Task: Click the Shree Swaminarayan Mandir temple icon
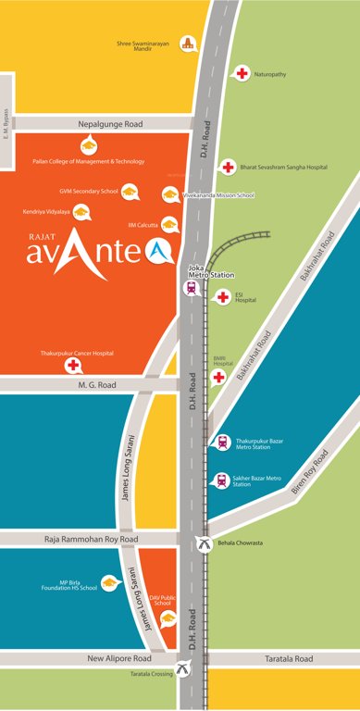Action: click(x=190, y=43)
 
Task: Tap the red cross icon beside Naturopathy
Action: click(x=242, y=72)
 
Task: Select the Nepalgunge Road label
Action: click(x=101, y=122)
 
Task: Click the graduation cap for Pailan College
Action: click(x=88, y=144)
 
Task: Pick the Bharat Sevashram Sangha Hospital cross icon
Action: click(x=227, y=167)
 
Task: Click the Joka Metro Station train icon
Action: click(x=192, y=287)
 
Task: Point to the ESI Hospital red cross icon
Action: click(x=221, y=296)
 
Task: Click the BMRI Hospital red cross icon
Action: click(x=219, y=377)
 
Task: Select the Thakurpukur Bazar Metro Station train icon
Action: click(x=221, y=443)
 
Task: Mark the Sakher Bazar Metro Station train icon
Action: click(x=221, y=480)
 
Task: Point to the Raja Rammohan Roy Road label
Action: click(x=91, y=538)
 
